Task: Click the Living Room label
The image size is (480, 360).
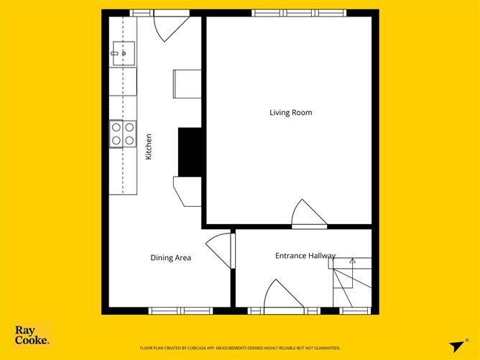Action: [x=290, y=112]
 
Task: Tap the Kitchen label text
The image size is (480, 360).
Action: [x=149, y=147]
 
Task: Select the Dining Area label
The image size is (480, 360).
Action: [x=170, y=257]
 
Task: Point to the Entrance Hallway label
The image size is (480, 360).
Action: [x=305, y=256]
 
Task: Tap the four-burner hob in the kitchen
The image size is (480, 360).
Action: [x=122, y=134]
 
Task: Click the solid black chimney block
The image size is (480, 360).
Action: [x=189, y=152]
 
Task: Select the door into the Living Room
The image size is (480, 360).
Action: [x=310, y=215]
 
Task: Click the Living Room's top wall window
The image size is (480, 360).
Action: [x=299, y=13]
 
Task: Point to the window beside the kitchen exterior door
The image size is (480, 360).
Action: [x=141, y=13]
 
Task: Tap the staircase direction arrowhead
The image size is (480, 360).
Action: [x=352, y=262]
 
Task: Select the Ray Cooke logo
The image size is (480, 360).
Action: [x=32, y=336]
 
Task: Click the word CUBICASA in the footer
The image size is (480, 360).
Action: [x=215, y=347]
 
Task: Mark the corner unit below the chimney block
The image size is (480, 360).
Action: [x=188, y=191]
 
